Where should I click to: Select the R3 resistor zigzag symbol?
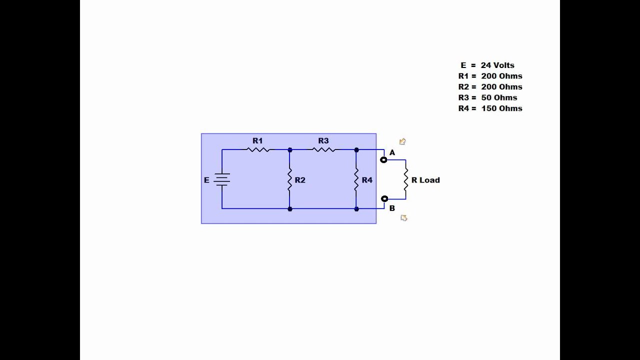click(323, 149)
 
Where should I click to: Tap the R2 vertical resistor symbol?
click(289, 179)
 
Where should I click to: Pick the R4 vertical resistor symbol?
click(356, 179)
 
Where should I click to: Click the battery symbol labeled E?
click(221, 179)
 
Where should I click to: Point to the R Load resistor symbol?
click(405, 179)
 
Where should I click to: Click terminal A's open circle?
click(383, 159)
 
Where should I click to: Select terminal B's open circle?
click(384, 198)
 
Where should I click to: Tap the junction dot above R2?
click(290, 149)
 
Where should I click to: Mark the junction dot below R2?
click(290, 209)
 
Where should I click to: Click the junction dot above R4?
click(356, 149)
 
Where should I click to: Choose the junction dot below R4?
click(356, 209)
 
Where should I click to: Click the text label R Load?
click(425, 180)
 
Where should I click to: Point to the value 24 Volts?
click(497, 65)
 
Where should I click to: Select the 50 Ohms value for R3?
click(499, 97)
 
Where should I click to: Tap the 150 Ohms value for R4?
click(501, 108)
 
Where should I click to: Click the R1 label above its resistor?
click(257, 140)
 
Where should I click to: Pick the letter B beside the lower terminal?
click(392, 208)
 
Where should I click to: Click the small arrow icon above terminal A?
click(402, 141)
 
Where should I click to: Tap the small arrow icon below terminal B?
click(403, 218)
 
